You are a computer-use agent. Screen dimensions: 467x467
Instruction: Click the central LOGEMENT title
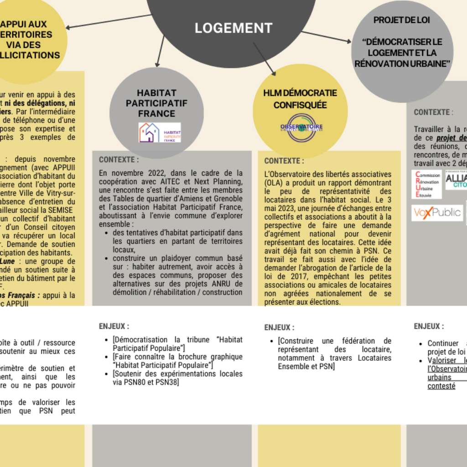233,28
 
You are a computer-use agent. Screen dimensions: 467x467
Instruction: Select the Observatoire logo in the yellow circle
301,126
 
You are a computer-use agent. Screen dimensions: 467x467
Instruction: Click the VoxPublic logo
437,213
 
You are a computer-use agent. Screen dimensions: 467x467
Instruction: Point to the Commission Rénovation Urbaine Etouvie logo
426,184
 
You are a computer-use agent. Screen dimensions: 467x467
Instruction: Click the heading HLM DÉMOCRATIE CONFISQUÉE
300,99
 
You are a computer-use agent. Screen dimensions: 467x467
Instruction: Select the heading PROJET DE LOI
401,20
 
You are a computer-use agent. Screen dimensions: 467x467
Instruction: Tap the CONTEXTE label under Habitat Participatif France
119,160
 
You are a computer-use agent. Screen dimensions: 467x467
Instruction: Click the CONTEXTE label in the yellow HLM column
284,161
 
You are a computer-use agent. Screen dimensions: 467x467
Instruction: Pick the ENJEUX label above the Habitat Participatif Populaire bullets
114,326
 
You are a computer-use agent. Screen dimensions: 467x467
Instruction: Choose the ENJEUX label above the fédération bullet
279,327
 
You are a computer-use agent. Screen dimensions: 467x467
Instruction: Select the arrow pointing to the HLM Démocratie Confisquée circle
265,59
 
